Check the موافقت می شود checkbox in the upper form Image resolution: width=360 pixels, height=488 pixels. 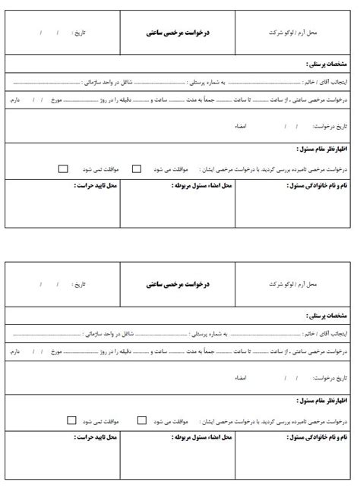[137, 168]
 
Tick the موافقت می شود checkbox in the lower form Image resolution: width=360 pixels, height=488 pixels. [142, 420]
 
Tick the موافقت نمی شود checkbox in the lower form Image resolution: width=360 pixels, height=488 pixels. [71, 420]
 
